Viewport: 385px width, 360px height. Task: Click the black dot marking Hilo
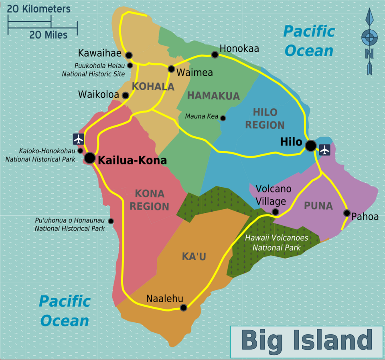point(310,146)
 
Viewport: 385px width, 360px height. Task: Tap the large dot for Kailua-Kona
point(90,158)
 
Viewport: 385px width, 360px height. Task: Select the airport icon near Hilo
point(324,150)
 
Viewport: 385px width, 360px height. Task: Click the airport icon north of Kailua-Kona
point(79,139)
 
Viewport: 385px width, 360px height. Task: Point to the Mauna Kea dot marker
point(223,118)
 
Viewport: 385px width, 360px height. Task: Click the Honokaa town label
point(239,49)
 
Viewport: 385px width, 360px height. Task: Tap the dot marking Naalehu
point(183,307)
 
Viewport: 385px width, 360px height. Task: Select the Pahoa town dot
point(346,213)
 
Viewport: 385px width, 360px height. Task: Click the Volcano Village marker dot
point(275,212)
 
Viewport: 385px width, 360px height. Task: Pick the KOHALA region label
point(153,87)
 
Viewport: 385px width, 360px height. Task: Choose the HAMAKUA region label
point(213,96)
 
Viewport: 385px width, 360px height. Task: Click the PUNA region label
point(318,206)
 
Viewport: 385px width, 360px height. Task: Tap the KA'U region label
point(194,257)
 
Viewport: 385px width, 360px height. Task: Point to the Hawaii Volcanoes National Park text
point(276,243)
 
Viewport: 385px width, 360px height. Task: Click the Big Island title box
point(307,341)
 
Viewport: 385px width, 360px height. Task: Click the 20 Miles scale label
point(48,35)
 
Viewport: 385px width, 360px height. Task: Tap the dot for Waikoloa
point(126,95)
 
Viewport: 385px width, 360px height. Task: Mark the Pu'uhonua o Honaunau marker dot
point(111,221)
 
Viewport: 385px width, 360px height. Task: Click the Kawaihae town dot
point(129,55)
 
